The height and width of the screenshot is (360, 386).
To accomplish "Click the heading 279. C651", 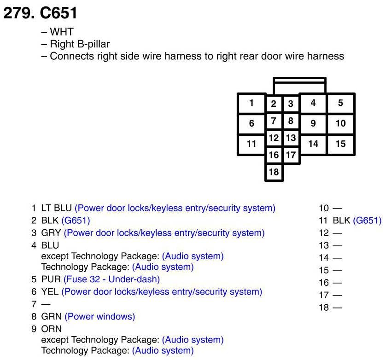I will [x=40, y=13].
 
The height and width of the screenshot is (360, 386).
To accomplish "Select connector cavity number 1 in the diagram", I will [x=251, y=103].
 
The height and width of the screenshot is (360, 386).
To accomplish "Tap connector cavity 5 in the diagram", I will [x=340, y=103].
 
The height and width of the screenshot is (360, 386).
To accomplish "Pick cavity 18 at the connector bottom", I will [x=274, y=172].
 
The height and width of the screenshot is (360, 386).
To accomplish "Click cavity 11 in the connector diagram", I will [x=251, y=144].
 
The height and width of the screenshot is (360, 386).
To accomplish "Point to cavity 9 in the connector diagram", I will [x=313, y=123].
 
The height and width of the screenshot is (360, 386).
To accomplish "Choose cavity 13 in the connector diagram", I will [x=291, y=138].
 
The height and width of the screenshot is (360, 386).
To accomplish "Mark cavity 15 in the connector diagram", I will [x=340, y=144].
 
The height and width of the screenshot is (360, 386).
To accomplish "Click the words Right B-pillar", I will [x=80, y=44].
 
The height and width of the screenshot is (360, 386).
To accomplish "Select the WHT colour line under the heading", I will [x=62, y=33].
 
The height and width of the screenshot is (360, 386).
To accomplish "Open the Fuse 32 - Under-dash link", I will [x=111, y=279].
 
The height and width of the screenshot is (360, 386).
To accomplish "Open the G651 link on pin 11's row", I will [x=367, y=221].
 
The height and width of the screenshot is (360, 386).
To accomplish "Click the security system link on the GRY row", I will [x=164, y=233].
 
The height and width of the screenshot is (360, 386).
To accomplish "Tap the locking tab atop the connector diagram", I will [x=299, y=86].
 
